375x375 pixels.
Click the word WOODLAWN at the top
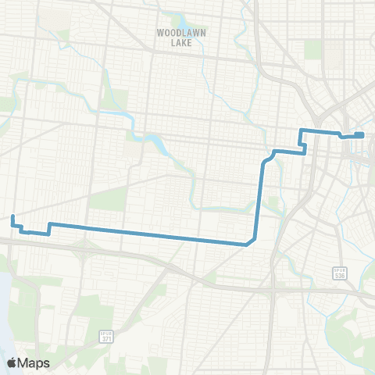(x=180, y=34)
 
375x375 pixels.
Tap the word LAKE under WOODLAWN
(x=180, y=44)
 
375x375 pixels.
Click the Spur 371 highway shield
(x=107, y=335)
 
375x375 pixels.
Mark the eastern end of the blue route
(x=363, y=134)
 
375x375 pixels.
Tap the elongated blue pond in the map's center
(x=153, y=143)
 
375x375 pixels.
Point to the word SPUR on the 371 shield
(x=107, y=330)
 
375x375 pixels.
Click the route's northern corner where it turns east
(x=302, y=129)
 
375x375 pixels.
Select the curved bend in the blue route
(x=267, y=159)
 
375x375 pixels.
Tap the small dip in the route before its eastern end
(x=341, y=136)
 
